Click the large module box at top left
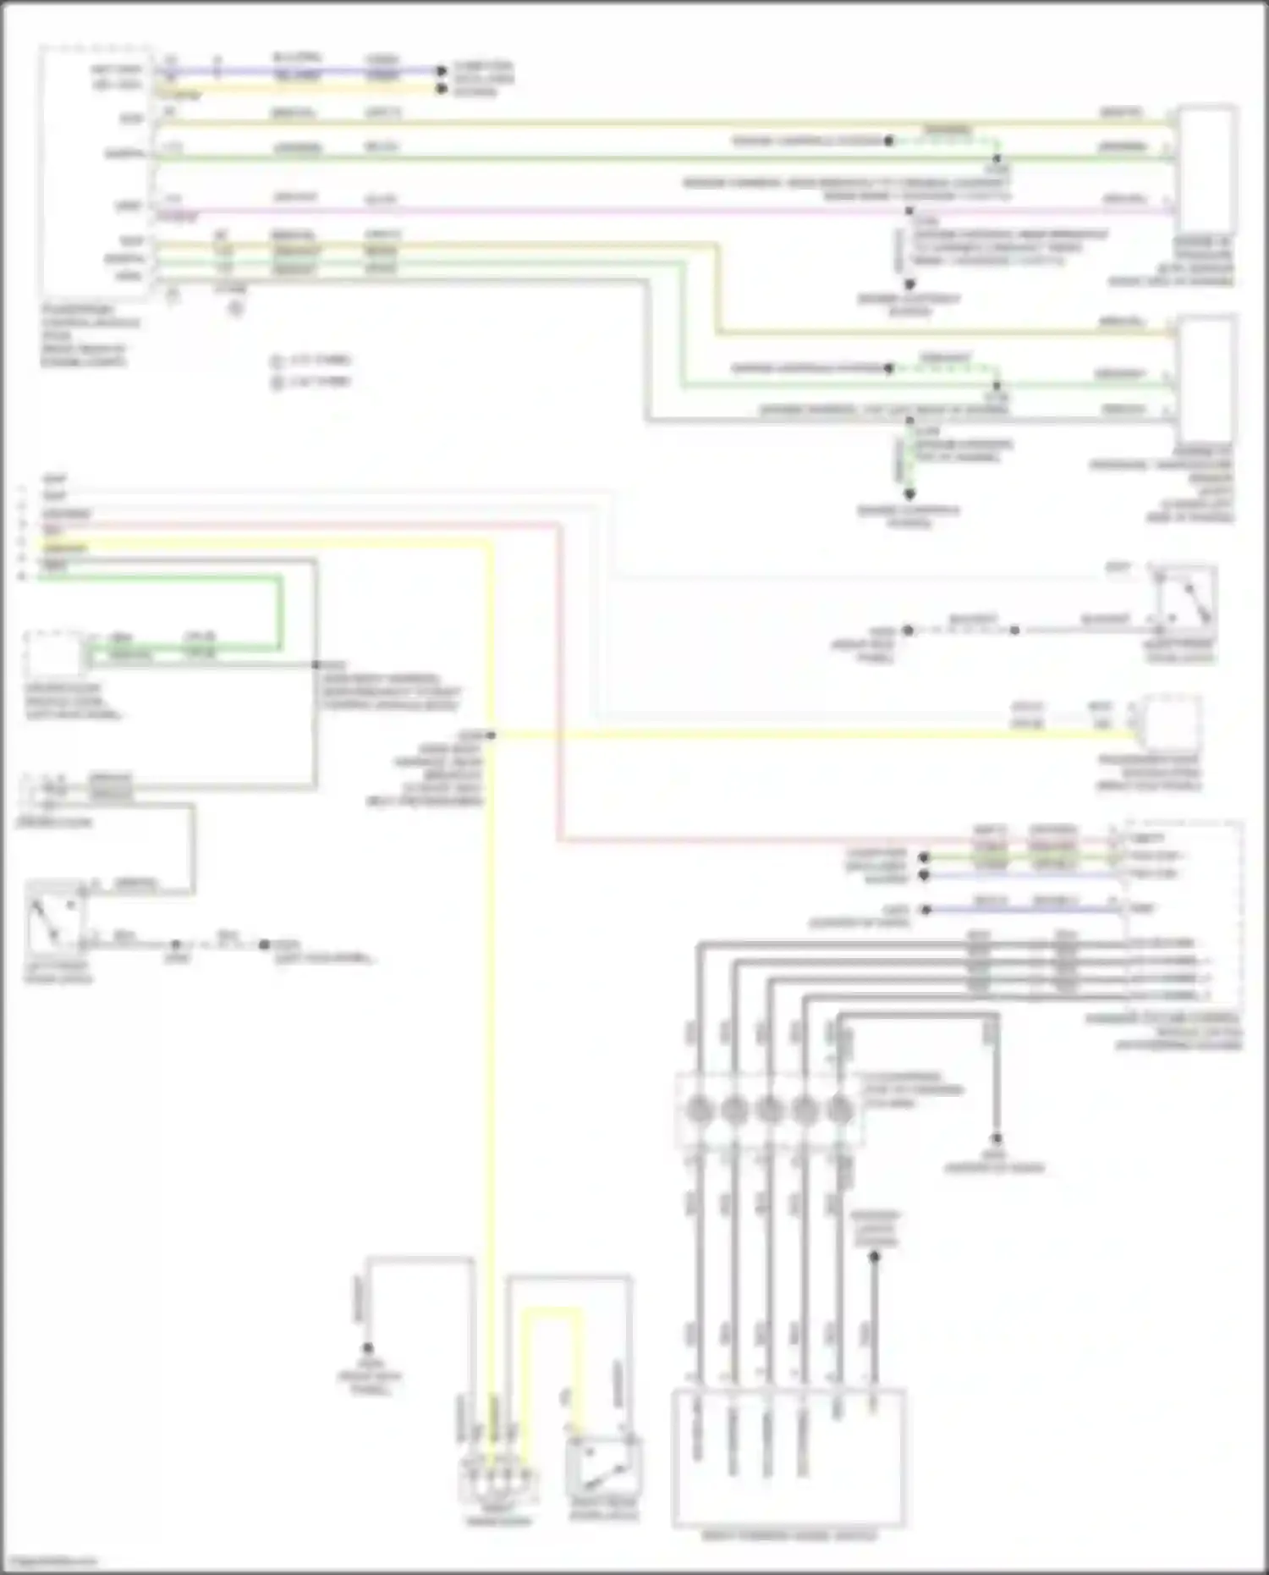[x=96, y=169]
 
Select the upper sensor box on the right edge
[x=1207, y=169]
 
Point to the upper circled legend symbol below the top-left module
[x=276, y=361]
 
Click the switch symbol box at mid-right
[x=1184, y=601]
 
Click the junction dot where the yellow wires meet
[x=491, y=735]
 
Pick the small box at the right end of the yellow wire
[x=1170, y=724]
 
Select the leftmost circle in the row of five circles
[x=699, y=1109]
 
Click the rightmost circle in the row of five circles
[x=839, y=1109]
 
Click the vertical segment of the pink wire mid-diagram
[x=558, y=677]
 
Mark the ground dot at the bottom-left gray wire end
[x=368, y=1347]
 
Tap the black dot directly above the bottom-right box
[x=875, y=1258]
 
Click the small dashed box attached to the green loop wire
[x=55, y=654]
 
